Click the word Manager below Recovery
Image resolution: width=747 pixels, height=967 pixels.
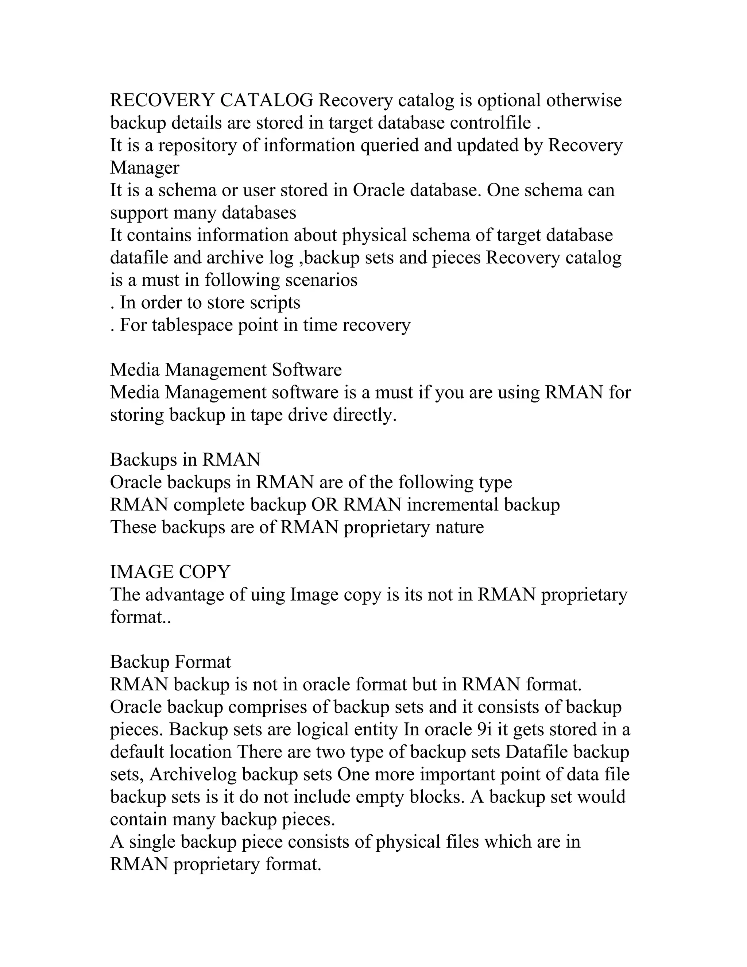(145, 168)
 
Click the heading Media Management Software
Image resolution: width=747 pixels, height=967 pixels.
(226, 370)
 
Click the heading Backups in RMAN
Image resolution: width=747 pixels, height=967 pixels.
(185, 460)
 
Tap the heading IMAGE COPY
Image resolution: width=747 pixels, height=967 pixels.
(170, 573)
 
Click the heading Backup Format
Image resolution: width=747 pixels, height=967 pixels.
(170, 662)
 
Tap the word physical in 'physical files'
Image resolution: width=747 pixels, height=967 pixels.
(408, 842)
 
